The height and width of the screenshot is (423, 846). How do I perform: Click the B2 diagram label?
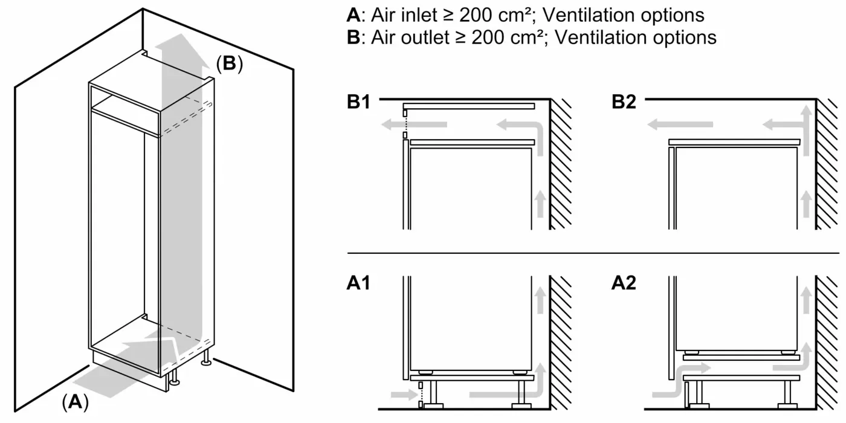624,102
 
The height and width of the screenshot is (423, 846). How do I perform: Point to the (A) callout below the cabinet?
75,402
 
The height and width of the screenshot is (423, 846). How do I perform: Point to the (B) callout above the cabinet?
229,64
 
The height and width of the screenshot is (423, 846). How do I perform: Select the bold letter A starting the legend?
353,15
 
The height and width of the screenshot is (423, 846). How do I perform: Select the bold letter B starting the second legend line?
353,37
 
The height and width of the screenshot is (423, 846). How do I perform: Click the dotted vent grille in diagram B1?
406,126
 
